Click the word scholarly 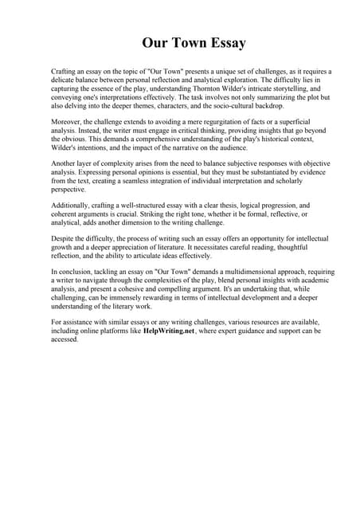tap(302, 182)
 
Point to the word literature tap(225, 246)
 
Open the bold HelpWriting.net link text tap(170, 330)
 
